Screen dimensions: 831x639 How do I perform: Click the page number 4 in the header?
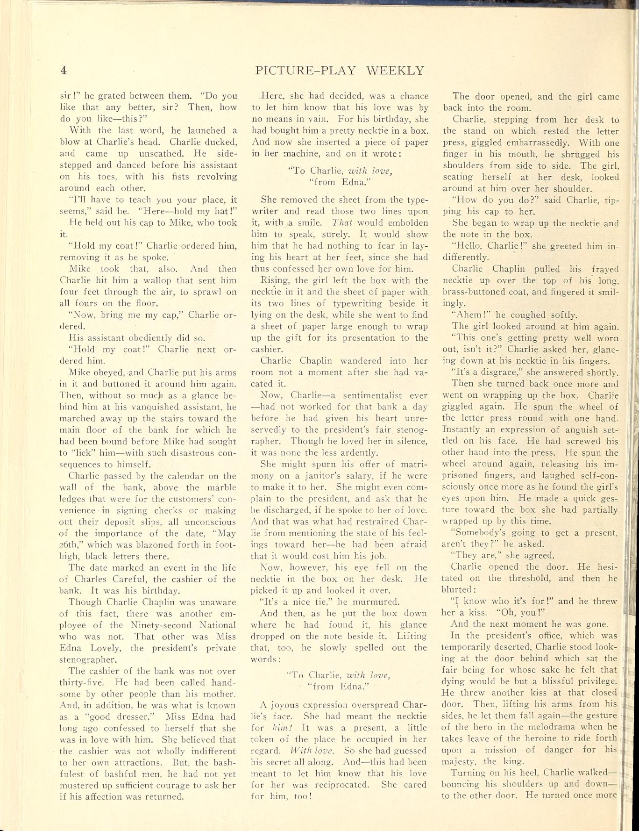click(64, 71)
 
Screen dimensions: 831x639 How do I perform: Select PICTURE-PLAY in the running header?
click(305, 71)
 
